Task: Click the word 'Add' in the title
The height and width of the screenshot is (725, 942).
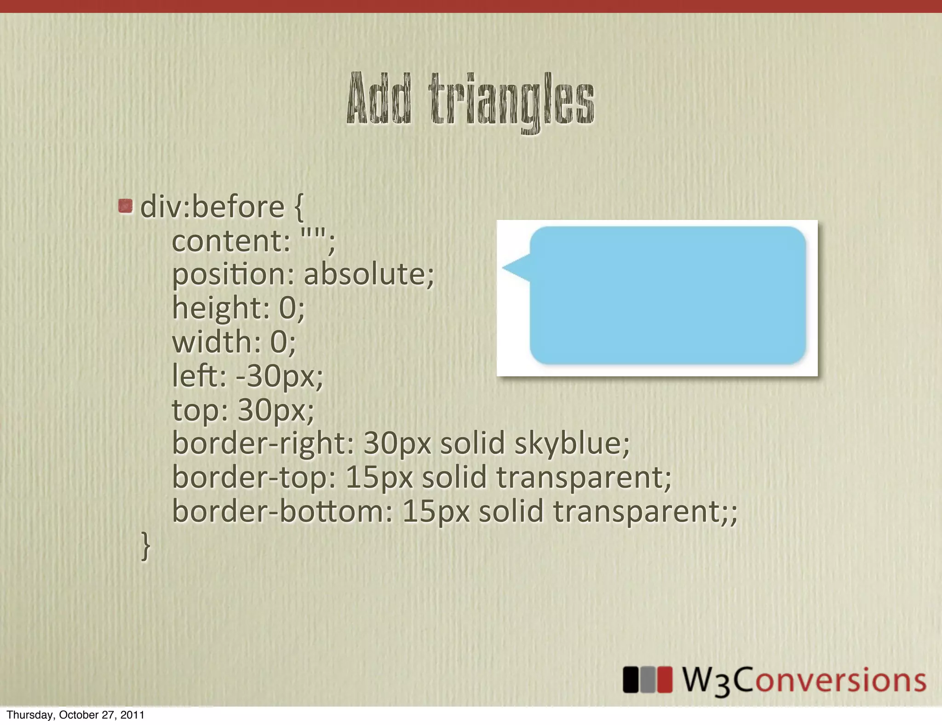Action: [378, 98]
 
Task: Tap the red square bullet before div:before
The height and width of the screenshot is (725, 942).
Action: [125, 206]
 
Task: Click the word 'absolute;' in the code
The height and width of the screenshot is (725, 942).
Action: [368, 274]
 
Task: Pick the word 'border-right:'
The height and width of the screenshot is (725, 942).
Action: [263, 443]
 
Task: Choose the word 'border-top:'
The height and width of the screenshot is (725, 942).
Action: [254, 478]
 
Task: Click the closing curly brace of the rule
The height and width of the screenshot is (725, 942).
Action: [145, 546]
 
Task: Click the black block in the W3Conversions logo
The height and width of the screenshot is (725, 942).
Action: [631, 679]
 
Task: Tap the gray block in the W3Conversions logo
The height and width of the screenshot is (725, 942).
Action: [648, 679]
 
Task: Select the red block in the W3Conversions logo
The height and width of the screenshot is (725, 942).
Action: [665, 679]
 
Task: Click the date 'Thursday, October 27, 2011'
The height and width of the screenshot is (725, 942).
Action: [75, 715]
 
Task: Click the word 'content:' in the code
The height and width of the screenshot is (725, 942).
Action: [231, 241]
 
